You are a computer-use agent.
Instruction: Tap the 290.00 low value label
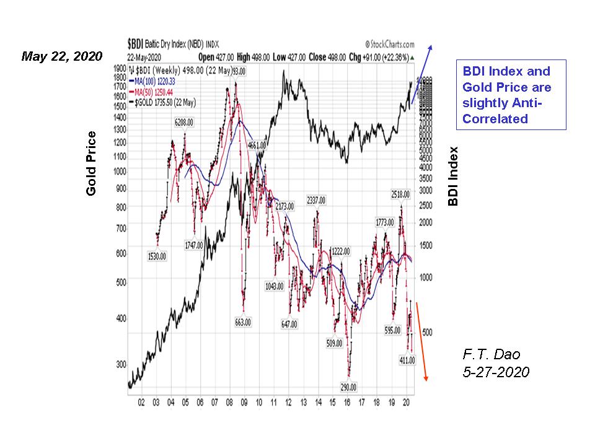pyautogui.click(x=349, y=387)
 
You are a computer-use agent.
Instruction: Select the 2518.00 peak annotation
pyautogui.click(x=400, y=194)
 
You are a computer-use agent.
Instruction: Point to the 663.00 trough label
pyautogui.click(x=244, y=322)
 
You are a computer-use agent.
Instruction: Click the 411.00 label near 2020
pyautogui.click(x=407, y=360)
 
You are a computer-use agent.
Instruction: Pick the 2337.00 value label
pyautogui.click(x=316, y=200)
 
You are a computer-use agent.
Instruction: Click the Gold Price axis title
pyautogui.click(x=92, y=164)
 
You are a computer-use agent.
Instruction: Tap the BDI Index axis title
pyautogui.click(x=454, y=176)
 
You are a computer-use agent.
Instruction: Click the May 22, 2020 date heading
pyautogui.click(x=61, y=56)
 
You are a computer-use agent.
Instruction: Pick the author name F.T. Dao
pyautogui.click(x=491, y=354)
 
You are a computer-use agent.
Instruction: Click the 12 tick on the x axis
pyautogui.click(x=288, y=402)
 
